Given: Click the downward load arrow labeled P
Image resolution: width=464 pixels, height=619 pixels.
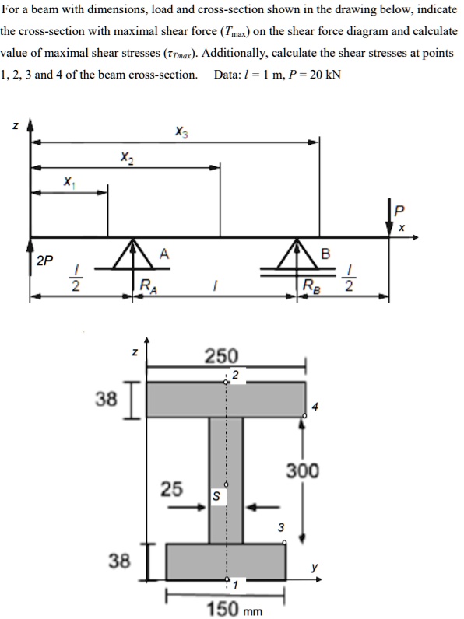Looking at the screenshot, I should [391, 219].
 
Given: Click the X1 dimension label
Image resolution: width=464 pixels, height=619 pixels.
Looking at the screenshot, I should [69, 181].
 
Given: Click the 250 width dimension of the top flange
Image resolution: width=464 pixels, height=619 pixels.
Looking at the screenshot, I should [221, 356].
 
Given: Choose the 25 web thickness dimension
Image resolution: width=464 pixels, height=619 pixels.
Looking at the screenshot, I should [172, 489].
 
